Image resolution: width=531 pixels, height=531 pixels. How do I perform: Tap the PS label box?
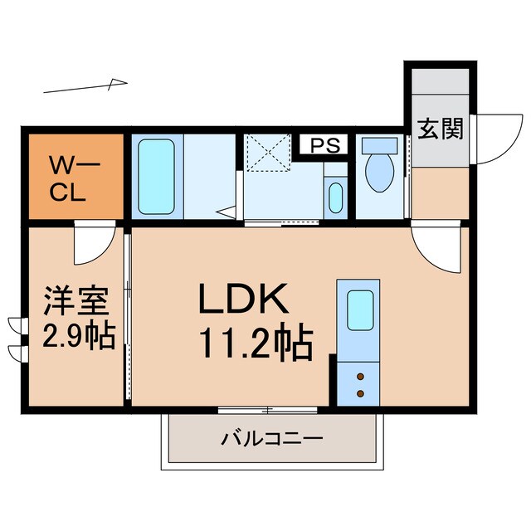325,145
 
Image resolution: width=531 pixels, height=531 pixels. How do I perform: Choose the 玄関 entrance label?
440,130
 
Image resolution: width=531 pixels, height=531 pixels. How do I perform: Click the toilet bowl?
380,170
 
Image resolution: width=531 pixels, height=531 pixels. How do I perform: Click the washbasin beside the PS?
335,198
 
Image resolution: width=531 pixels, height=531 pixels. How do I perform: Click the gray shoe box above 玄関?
439,85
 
